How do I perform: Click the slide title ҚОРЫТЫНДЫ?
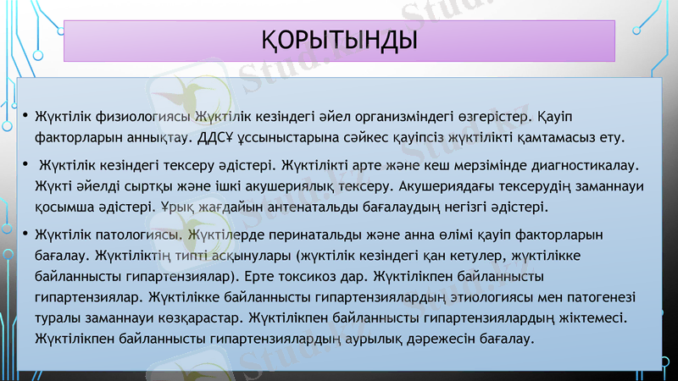339,39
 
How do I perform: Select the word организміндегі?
375,114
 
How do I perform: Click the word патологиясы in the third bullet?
138,232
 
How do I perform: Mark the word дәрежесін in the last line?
450,340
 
